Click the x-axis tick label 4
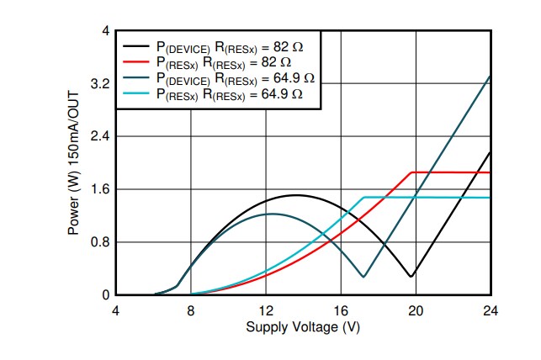(x=116, y=310)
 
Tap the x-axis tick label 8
(x=191, y=310)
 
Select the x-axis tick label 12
(x=266, y=310)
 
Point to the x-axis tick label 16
(x=341, y=310)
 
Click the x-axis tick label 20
(x=416, y=310)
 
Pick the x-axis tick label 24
(x=491, y=310)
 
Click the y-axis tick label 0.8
(x=99, y=242)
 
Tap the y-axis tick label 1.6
(x=99, y=189)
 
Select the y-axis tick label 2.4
(x=99, y=136)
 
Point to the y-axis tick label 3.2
(x=99, y=84)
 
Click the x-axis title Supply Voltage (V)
(x=303, y=326)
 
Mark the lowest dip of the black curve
(x=411, y=276)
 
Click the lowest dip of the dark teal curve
(x=363, y=277)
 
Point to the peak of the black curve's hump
(x=295, y=195)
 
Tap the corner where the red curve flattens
(x=411, y=172)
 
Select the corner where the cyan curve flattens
(x=364, y=198)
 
